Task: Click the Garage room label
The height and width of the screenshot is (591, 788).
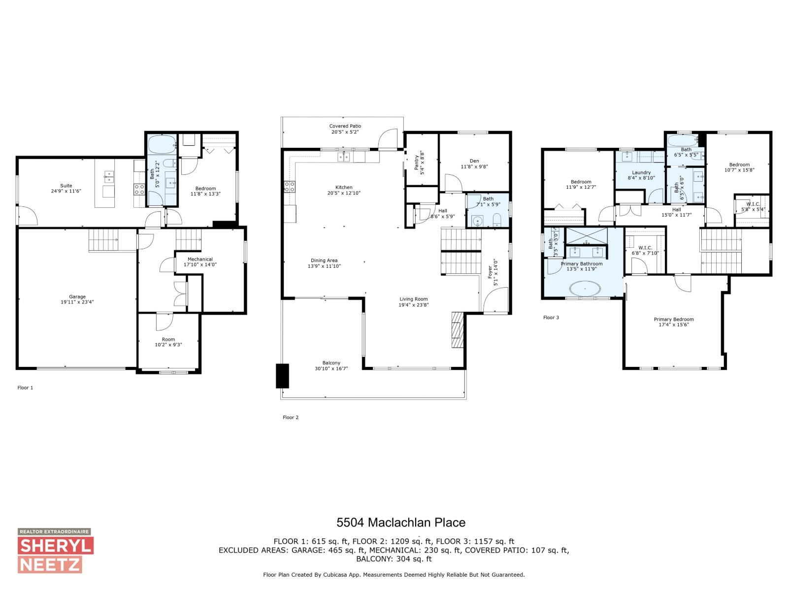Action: [x=77, y=299]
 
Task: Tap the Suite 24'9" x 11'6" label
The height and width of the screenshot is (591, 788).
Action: [x=66, y=188]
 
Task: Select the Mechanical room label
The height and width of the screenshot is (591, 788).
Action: [x=199, y=262]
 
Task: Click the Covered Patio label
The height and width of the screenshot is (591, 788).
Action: [x=345, y=129]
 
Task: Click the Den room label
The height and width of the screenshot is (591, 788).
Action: [x=474, y=164]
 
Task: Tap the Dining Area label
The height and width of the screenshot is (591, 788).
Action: [x=324, y=263]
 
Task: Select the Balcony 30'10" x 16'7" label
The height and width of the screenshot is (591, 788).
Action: [x=331, y=365]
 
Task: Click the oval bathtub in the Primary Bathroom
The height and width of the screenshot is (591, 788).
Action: [x=585, y=288]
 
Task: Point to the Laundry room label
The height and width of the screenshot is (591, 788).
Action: [x=641, y=175]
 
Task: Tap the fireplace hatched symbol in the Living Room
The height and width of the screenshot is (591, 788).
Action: [x=458, y=330]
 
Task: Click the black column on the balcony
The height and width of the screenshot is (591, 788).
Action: [x=282, y=376]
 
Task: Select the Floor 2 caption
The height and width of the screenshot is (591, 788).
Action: [x=291, y=418]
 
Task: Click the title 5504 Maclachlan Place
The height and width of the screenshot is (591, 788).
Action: [x=400, y=522]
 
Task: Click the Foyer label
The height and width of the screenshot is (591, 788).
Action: [x=492, y=272]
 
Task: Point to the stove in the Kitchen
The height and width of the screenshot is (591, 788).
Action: [x=290, y=187]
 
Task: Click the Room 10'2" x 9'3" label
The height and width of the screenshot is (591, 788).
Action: [x=168, y=342]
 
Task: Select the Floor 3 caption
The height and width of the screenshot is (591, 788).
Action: [x=551, y=318]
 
